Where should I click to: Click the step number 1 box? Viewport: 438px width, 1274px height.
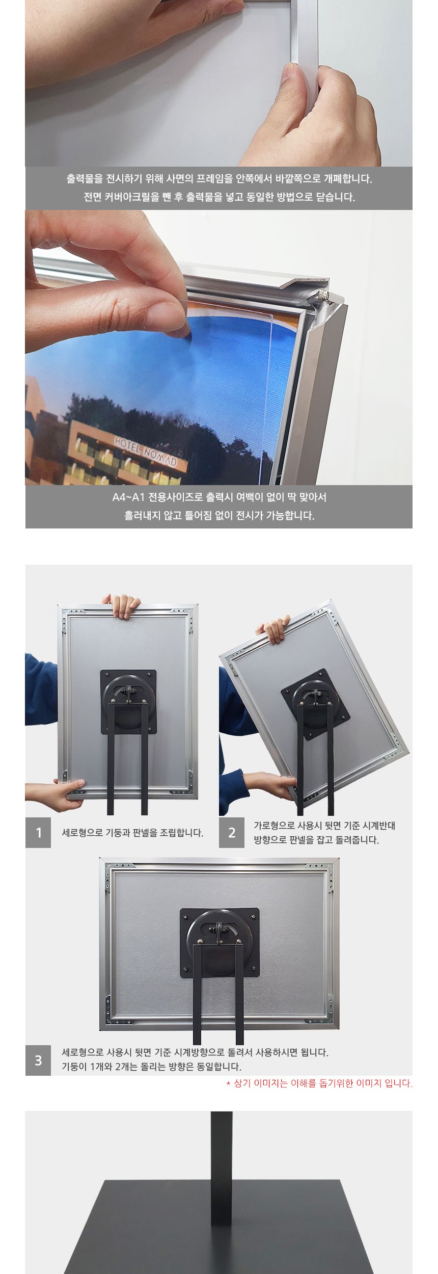pyautogui.click(x=38, y=833)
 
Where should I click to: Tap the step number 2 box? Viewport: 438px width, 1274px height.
pyautogui.click(x=232, y=833)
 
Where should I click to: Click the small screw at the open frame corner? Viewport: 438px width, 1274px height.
pyautogui.click(x=322, y=295)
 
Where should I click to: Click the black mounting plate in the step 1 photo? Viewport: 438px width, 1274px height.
pyautogui.click(x=128, y=701)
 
